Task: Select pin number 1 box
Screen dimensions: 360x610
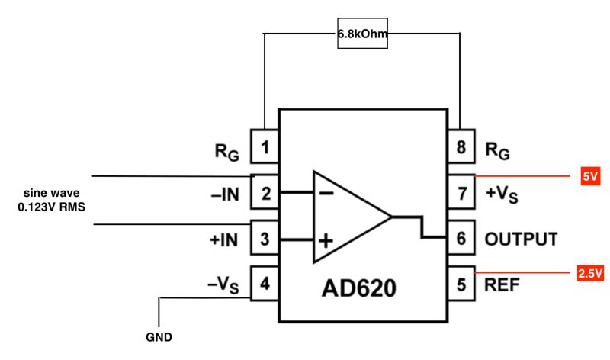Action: [265, 147]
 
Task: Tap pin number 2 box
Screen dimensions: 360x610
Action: [265, 194]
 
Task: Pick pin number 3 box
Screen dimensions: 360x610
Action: [265, 239]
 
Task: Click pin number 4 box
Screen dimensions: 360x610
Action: [265, 286]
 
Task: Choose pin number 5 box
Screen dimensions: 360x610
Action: [461, 286]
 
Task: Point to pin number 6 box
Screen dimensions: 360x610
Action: [461, 239]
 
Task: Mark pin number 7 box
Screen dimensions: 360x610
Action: [461, 194]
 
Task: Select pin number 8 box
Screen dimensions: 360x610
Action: [461, 147]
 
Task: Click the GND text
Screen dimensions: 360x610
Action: [159, 336]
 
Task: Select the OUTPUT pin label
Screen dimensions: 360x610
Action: [521, 239]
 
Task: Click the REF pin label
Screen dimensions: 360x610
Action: [502, 286]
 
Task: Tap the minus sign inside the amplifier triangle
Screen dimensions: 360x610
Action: [326, 193]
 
